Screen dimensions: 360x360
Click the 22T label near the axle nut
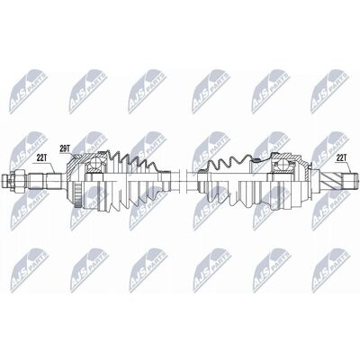[x=42, y=157]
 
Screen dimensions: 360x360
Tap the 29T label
[x=65, y=148]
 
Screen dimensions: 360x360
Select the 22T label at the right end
[x=342, y=157]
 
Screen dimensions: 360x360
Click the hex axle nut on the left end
[x=18, y=180]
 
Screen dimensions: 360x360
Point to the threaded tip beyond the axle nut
[x=6, y=180]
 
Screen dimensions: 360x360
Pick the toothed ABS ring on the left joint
[x=78, y=194]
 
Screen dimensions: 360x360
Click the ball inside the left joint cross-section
[x=95, y=163]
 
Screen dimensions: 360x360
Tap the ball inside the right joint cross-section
[x=284, y=165]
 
